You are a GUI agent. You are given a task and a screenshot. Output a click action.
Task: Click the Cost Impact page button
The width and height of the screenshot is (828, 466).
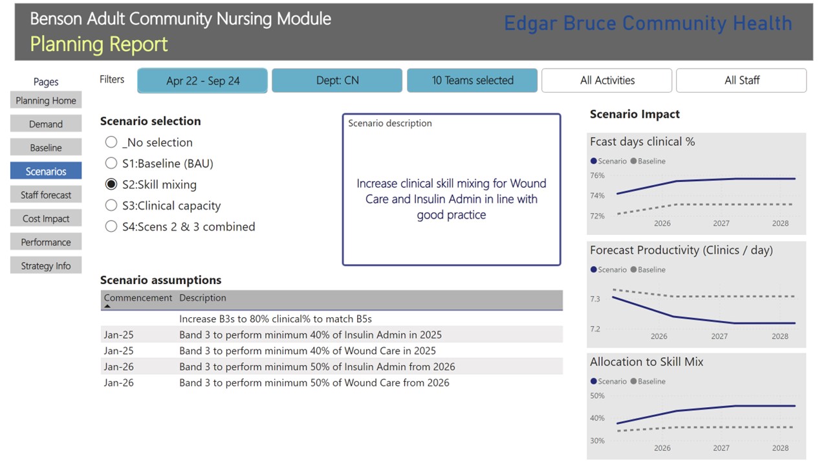click(x=46, y=219)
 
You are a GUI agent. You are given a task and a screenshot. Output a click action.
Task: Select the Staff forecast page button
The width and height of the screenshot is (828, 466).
click(x=46, y=195)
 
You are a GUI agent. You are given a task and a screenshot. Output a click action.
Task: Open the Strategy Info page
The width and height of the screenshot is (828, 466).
click(x=46, y=266)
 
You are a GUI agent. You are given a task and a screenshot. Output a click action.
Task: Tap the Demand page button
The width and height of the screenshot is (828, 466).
click(x=46, y=124)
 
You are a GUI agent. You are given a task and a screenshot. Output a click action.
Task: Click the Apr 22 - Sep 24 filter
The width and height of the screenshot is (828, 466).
click(x=202, y=81)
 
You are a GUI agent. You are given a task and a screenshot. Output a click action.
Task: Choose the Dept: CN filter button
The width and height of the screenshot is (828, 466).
click(x=337, y=81)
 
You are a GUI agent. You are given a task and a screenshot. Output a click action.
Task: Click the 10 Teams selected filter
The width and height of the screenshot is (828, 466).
click(x=472, y=81)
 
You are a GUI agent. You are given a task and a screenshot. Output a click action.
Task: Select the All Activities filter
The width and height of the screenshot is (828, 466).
click(x=607, y=81)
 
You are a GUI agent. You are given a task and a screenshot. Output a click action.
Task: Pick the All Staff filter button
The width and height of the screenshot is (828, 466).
click(x=741, y=81)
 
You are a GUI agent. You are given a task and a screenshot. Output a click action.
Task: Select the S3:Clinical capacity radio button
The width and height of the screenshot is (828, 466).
click(x=111, y=206)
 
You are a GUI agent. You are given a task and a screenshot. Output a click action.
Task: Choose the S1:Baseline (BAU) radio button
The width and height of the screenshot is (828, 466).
click(x=111, y=164)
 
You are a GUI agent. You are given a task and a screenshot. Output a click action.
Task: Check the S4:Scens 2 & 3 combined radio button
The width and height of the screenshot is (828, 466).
click(x=111, y=227)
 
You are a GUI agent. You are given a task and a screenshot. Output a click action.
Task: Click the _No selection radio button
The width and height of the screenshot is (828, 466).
click(x=111, y=142)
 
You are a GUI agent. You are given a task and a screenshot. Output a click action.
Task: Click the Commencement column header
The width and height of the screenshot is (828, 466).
click(x=138, y=298)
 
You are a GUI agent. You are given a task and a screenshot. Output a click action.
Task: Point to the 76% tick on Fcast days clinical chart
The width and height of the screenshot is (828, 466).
click(x=597, y=175)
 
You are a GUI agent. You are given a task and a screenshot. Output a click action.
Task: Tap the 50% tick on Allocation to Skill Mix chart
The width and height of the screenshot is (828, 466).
click(x=597, y=395)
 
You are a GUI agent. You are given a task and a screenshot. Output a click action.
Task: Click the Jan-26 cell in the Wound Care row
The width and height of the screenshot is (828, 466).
click(x=118, y=383)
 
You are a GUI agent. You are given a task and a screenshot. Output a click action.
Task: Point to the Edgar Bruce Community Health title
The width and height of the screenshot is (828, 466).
click(x=648, y=24)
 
